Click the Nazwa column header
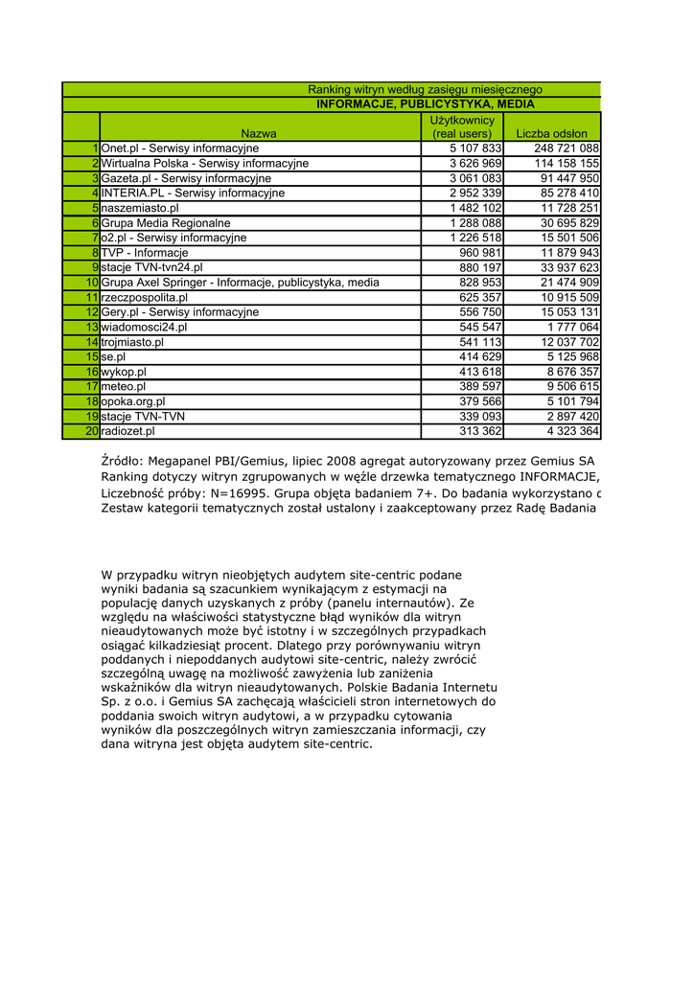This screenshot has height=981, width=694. tap(259, 134)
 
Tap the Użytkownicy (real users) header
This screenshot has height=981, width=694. tap(462, 126)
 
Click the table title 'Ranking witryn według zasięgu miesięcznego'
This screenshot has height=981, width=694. tap(425, 89)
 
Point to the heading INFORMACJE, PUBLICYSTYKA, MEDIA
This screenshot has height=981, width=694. tap(426, 104)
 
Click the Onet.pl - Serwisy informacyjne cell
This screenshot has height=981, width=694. tap(180, 148)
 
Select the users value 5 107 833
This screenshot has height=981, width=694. tap(475, 148)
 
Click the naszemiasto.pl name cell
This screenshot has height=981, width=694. tap(140, 208)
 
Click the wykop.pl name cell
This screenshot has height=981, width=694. tap(124, 372)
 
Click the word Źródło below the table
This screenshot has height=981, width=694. tap(121, 461)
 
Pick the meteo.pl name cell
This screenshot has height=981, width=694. tap(124, 386)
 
